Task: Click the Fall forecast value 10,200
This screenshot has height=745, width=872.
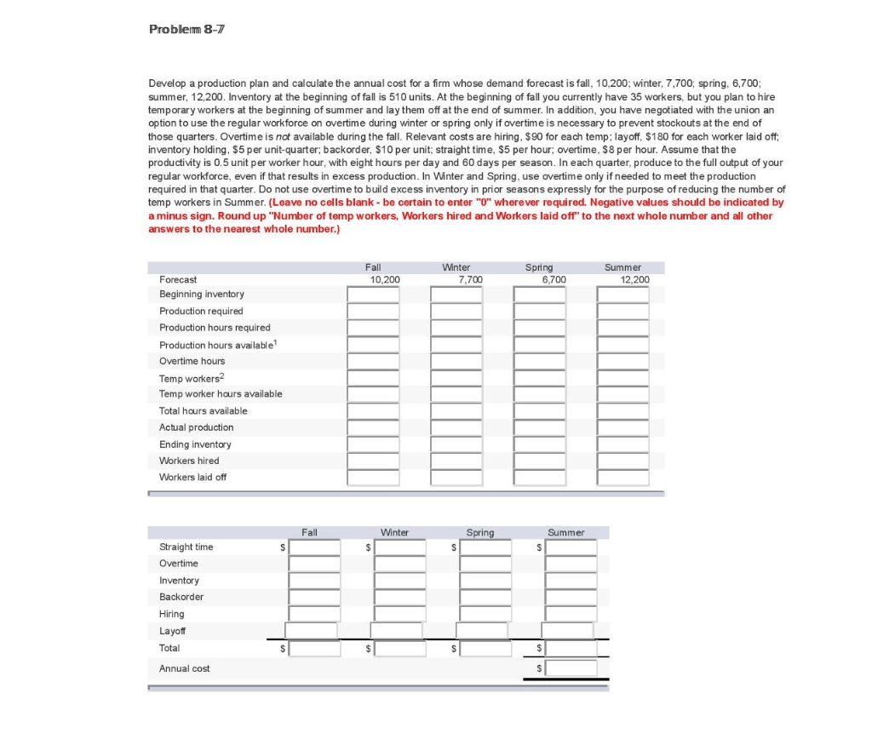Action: click(x=386, y=279)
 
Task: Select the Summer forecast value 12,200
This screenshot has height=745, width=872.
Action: click(x=634, y=279)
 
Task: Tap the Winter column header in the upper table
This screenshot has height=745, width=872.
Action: click(x=456, y=267)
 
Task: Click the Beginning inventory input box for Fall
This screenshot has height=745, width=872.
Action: click(x=373, y=295)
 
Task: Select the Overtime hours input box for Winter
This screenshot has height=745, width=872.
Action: click(x=456, y=361)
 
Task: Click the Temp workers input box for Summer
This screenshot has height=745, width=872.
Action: click(x=622, y=378)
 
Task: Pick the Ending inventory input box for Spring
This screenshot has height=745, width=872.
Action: click(x=539, y=444)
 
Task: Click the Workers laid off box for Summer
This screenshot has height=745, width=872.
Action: click(x=622, y=478)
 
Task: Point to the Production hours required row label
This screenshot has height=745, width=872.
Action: click(x=215, y=328)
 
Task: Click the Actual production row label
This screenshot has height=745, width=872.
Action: click(x=196, y=427)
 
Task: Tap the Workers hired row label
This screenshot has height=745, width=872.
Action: click(x=189, y=461)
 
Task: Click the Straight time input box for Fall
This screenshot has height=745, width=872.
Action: click(x=314, y=547)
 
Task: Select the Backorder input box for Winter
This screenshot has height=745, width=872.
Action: click(x=400, y=597)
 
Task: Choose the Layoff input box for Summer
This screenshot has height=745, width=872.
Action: click(x=569, y=631)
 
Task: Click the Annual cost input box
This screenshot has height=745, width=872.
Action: click(x=571, y=668)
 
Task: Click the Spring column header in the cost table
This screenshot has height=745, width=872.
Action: click(x=479, y=533)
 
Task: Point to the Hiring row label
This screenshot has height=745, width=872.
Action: click(x=171, y=614)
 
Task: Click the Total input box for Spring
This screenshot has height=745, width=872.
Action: click(x=486, y=649)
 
